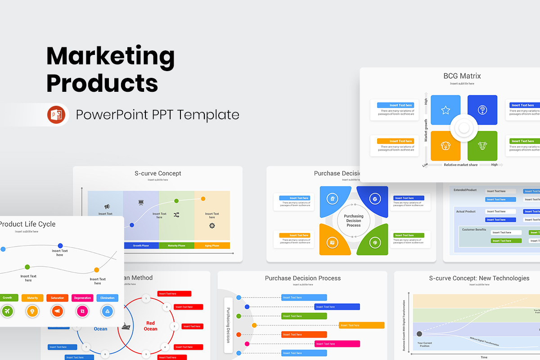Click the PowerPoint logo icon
tap(56, 115)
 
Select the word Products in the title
tap(102, 83)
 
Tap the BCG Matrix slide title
tap(462, 76)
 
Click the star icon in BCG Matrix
tap(445, 110)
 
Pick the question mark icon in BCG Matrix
tap(482, 110)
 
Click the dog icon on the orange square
tap(445, 146)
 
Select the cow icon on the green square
tap(482, 146)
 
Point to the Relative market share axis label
tap(461, 165)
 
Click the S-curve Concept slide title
tap(157, 173)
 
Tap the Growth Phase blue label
tap(141, 246)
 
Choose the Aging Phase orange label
tap(212, 246)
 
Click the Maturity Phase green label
tap(176, 246)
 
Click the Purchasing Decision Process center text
tap(354, 220)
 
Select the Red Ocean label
tap(150, 326)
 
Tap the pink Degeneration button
tap(82, 298)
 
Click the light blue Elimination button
tap(108, 298)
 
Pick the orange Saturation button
tap(57, 298)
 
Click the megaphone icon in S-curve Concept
tap(107, 207)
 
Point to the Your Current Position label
tap(424, 344)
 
